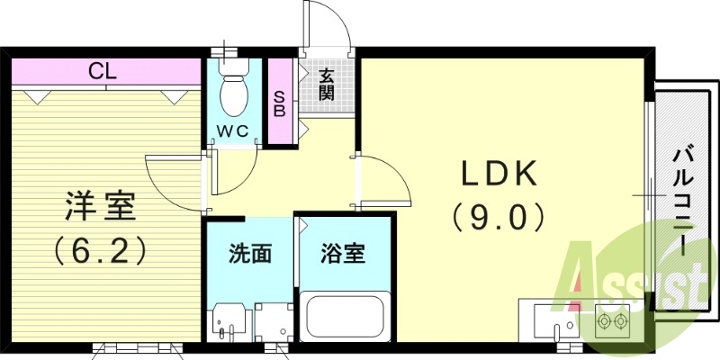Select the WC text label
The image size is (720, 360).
235,130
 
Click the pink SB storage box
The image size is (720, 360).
280,103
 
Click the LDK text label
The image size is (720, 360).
499,173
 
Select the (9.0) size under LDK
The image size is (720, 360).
499,215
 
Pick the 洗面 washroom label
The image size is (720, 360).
249,255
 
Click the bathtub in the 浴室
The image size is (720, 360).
346,317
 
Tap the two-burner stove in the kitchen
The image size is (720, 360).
613,320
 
